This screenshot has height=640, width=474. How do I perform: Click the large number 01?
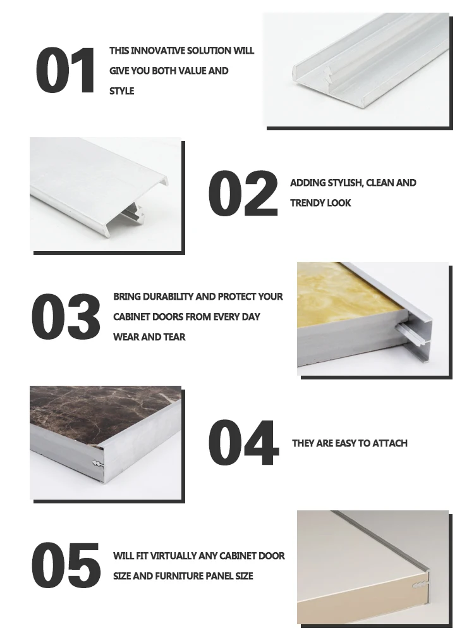(66, 70)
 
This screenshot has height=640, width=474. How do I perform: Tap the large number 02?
(243, 193)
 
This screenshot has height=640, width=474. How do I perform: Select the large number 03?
(66, 316)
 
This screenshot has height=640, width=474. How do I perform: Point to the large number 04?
(243, 443)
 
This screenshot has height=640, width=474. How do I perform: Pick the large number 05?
(66, 565)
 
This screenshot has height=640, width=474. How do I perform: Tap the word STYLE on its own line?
(122, 91)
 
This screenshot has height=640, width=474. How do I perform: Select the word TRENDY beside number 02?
(305, 203)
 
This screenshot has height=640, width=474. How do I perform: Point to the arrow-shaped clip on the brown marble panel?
(97, 464)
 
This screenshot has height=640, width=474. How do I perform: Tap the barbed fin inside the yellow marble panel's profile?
(406, 329)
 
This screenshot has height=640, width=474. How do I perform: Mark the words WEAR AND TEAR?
(149, 337)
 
